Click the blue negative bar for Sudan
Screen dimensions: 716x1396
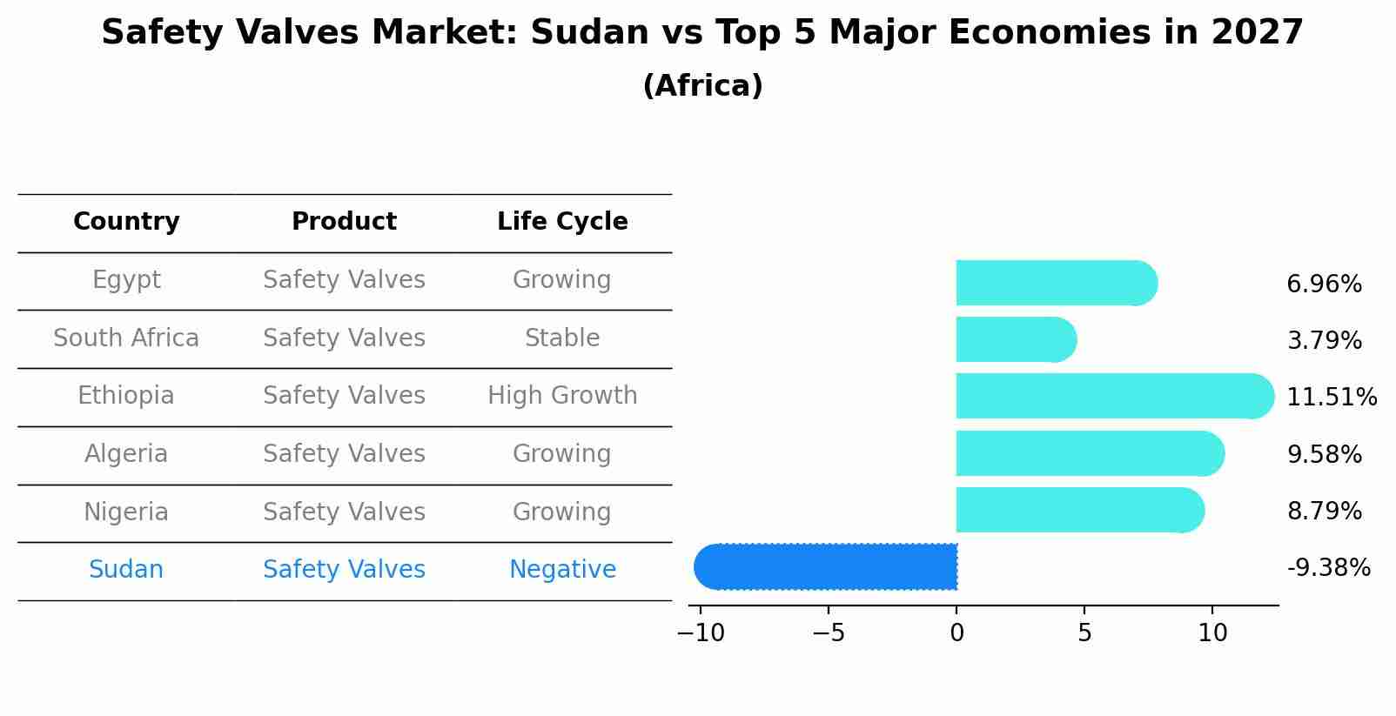tap(827, 566)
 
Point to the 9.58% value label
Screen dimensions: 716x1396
tap(1324, 454)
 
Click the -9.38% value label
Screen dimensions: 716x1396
tap(1328, 568)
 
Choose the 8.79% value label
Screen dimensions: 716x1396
tap(1324, 511)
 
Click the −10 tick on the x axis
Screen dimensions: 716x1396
tap(701, 633)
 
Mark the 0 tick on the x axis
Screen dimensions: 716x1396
tap(956, 633)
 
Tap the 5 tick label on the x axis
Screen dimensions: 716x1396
tap(1084, 633)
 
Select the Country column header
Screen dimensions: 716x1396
tap(126, 222)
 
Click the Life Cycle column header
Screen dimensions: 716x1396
tap(562, 222)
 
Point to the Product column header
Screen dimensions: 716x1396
tap(344, 222)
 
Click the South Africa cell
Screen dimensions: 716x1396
tap(126, 338)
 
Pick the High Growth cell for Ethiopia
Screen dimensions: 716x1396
tap(562, 396)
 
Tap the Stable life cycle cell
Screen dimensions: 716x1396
tap(562, 338)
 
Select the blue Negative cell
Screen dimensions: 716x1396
tap(562, 570)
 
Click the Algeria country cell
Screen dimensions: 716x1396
tap(126, 454)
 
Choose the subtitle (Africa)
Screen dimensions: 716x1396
tap(702, 86)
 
